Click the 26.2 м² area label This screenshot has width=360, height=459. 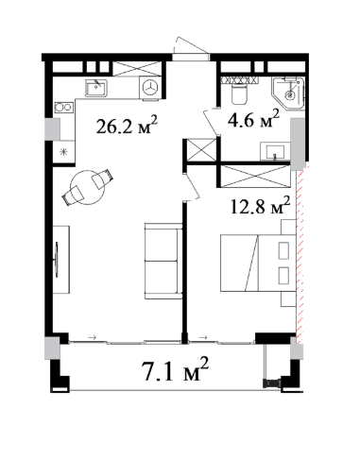coord(127,125)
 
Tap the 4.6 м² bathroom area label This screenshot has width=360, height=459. coord(253,118)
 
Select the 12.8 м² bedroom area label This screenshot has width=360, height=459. coord(260,205)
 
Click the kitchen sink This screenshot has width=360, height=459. coord(96,88)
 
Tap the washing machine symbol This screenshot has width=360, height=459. coord(150,88)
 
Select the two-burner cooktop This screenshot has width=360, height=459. coord(64,108)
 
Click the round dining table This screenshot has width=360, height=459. coord(87,187)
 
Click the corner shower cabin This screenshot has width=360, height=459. coord(288,93)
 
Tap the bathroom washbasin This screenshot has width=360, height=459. coord(275,151)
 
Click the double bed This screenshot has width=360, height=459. coord(258,263)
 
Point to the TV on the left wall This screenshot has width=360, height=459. coord(57,260)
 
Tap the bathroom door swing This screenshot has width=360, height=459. coord(212,122)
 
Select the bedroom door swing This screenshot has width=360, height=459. coord(191,187)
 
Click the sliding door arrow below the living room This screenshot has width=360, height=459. coord(93,337)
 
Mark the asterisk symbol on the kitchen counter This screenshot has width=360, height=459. coord(64,152)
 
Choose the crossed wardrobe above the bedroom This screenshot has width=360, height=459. coord(255,176)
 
